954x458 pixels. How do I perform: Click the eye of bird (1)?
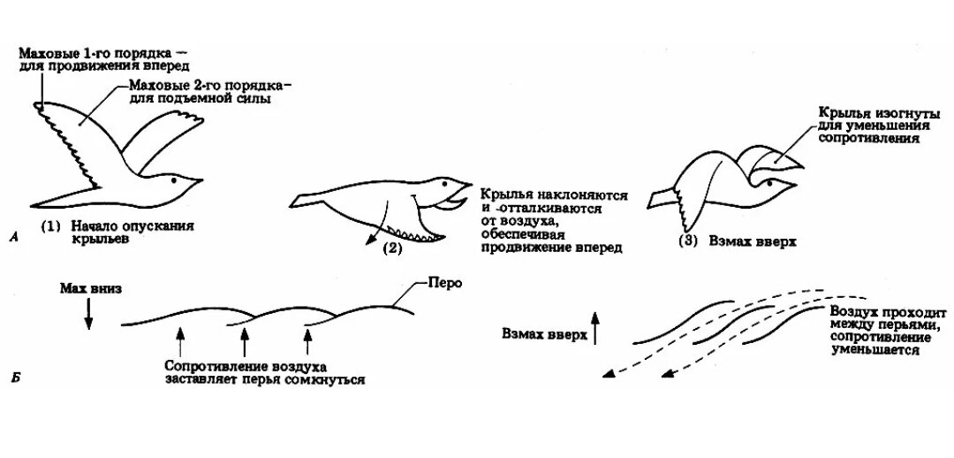tap(175, 180)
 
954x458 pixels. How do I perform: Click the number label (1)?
tap(51, 226)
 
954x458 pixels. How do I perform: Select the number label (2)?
tap(392, 248)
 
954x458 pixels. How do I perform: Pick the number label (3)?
tap(689, 240)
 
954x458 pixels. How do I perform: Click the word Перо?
tap(442, 284)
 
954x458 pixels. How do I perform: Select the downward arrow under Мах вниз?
tap(88, 314)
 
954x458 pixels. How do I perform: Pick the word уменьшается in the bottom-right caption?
tap(874, 351)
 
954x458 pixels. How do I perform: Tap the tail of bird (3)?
tap(664, 199)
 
